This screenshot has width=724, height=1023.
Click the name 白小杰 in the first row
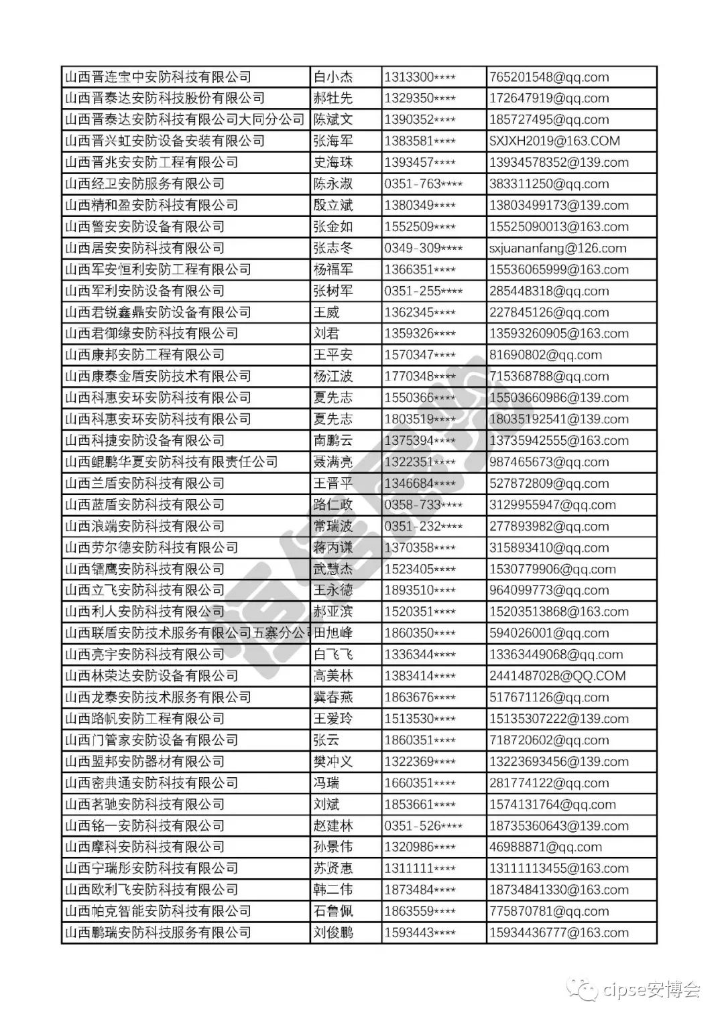pos(333,77)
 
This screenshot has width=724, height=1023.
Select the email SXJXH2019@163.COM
pos(554,141)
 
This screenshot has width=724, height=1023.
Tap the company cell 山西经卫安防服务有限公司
pos(144,184)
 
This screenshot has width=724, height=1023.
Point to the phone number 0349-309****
pos(423,249)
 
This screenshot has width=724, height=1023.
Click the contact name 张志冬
pos(333,249)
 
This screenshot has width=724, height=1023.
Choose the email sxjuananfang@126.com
pos(558,249)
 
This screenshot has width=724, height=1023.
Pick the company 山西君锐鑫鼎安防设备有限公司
pos(158,313)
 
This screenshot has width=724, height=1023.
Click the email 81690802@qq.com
pos(546,355)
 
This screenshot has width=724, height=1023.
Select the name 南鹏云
pos(333,441)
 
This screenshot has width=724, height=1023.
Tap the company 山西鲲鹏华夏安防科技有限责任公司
pos(171,462)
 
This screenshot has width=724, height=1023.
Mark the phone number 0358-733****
pos(423,505)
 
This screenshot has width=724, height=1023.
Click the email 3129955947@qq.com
pos(552,505)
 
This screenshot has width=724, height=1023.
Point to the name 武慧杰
pos(333,569)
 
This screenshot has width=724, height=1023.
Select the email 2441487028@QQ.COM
pos(557,676)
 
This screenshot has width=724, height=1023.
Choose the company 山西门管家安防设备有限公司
pos(151,740)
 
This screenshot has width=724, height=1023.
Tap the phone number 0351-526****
pos(423,826)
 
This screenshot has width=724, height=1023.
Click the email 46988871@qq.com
pos(546,847)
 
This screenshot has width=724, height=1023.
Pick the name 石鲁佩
pos(333,911)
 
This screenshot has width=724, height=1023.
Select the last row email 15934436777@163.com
pos(559,933)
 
